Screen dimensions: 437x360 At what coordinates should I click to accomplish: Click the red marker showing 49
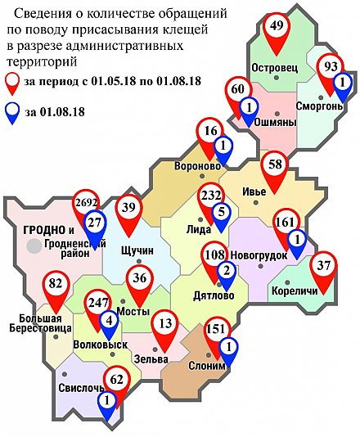[x=277, y=28]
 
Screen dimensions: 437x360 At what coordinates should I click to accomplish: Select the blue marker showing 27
[x=94, y=224]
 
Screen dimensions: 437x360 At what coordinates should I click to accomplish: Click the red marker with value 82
[x=56, y=286]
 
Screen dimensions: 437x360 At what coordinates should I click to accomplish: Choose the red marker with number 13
[x=167, y=326]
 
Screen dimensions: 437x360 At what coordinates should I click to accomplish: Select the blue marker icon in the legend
[x=14, y=110]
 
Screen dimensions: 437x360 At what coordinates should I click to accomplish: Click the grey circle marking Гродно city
[x=34, y=245]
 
